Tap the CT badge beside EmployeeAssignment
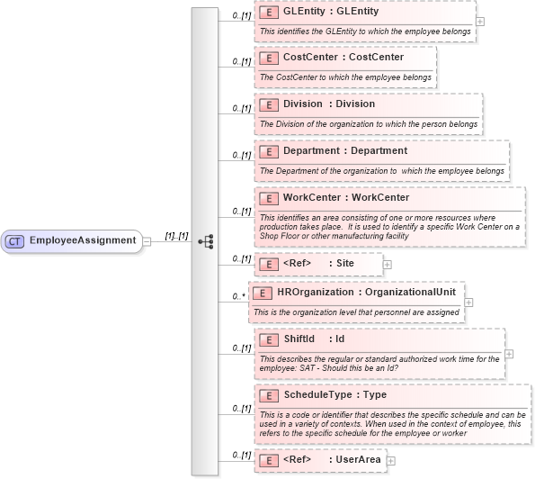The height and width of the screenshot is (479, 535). coord(15,240)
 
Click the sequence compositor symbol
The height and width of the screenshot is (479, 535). coord(205,241)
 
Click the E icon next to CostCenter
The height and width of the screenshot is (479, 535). coord(268,58)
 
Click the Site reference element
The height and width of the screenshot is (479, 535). coord(319,264)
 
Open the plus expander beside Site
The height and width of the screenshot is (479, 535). coord(388,264)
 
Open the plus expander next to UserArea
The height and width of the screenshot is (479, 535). coord(390,460)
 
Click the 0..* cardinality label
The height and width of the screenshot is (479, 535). coord(237,295)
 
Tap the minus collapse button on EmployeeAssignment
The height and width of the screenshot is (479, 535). coord(146,240)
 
